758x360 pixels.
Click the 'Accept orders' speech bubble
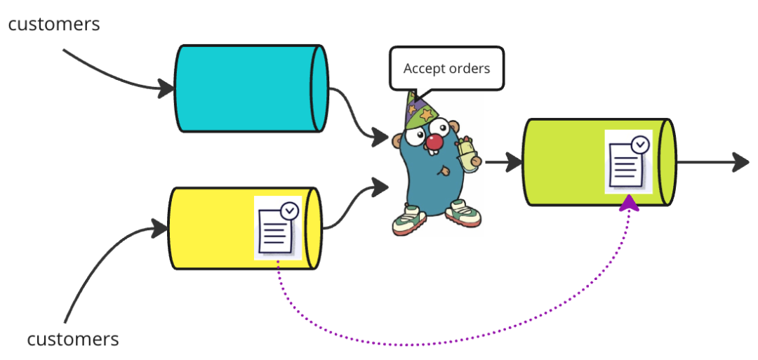[446, 69]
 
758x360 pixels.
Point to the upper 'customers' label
[54, 24]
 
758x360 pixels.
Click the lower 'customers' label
[73, 340]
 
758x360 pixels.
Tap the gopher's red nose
[434, 142]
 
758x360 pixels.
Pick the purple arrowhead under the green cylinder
[630, 204]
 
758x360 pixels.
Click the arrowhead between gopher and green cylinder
[514, 163]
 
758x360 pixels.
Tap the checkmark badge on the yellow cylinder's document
[289, 210]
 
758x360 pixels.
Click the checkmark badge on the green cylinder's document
[640, 145]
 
